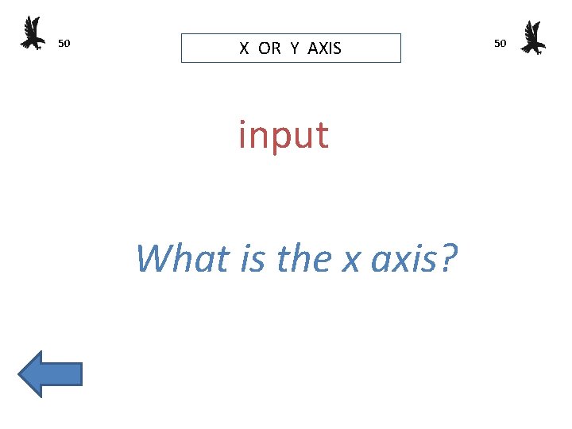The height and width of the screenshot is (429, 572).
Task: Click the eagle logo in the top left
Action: (x=33, y=33)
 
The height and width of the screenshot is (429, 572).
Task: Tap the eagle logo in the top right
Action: (x=533, y=37)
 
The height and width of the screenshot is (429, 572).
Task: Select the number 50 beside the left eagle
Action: (x=65, y=43)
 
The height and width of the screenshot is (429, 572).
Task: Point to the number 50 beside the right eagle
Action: (x=500, y=43)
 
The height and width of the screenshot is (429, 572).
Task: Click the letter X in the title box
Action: (x=245, y=48)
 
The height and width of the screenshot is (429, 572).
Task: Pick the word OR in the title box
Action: (x=269, y=48)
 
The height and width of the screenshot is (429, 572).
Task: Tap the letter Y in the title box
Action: (x=295, y=48)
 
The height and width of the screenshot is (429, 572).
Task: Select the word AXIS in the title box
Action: (x=324, y=48)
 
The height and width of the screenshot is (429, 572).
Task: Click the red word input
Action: (x=284, y=135)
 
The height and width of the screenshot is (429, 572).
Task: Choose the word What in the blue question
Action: (x=179, y=258)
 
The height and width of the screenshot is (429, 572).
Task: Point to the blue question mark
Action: (x=447, y=258)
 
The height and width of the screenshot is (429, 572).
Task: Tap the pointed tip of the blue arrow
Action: (x=20, y=373)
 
